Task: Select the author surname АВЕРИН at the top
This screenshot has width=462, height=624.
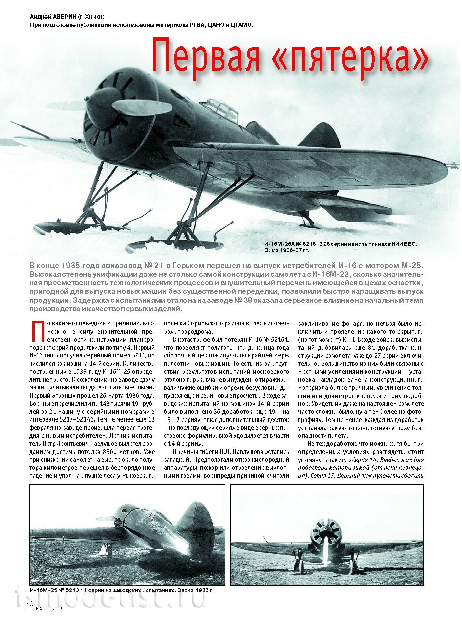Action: point(62,17)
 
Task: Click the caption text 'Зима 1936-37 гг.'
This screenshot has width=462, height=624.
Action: point(286,250)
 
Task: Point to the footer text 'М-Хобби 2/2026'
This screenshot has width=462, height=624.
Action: point(49,609)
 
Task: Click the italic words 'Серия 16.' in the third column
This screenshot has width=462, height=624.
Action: point(363,460)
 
